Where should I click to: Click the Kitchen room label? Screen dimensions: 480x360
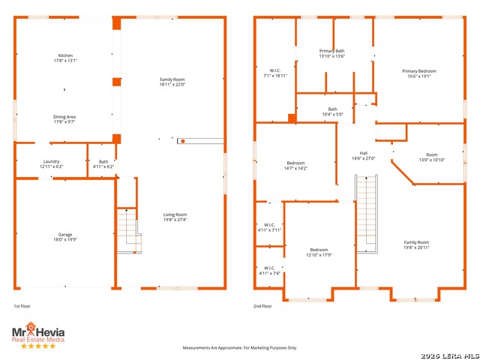click(x=65, y=55)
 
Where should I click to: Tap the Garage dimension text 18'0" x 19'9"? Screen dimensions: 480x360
click(x=65, y=240)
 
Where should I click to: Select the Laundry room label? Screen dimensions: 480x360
click(x=52, y=161)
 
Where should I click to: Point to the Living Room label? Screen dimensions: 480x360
click(x=175, y=214)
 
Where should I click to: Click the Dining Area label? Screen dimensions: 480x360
click(x=64, y=117)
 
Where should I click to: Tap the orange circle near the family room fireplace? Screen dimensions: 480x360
click(x=183, y=141)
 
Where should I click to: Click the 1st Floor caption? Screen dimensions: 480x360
click(x=22, y=306)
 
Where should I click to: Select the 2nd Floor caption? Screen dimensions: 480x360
click(x=262, y=306)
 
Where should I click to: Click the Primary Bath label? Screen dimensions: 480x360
click(x=331, y=51)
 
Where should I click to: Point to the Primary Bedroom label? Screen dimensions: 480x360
click(x=419, y=71)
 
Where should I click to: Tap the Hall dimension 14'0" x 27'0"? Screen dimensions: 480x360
click(x=363, y=158)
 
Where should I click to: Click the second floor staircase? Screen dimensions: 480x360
click(x=367, y=214)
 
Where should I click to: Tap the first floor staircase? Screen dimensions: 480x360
click(x=129, y=230)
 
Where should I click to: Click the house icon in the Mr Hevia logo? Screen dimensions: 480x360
click(x=31, y=327)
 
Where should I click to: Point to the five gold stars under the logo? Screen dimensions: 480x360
click(x=38, y=346)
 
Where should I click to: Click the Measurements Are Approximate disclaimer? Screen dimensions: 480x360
click(x=240, y=348)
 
